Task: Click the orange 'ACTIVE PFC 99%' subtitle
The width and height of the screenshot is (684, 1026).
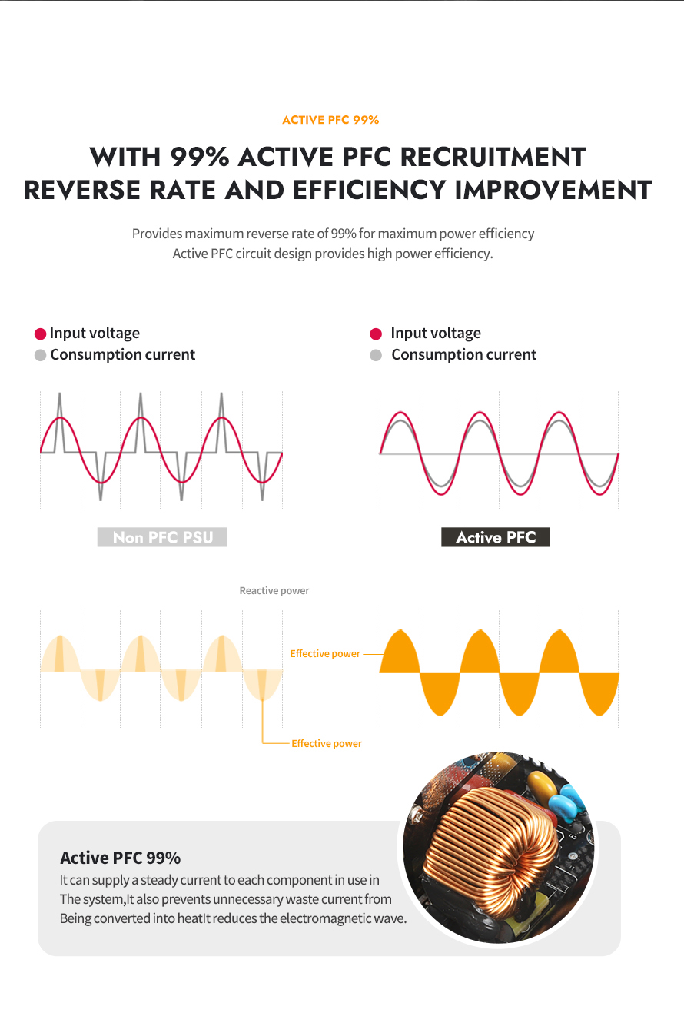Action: click(330, 120)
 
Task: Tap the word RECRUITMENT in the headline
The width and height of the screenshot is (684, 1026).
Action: click(493, 157)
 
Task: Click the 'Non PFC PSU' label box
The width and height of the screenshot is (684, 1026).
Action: click(162, 537)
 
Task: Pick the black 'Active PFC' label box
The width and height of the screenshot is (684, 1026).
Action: click(496, 537)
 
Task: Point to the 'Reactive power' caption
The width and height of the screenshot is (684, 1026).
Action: click(274, 590)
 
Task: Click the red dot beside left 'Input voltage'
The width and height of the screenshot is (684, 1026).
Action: click(41, 334)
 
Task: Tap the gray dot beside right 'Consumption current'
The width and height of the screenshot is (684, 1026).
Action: click(376, 355)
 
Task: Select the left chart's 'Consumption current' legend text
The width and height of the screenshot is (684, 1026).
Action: click(123, 355)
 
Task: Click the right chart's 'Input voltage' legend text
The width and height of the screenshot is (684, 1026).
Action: click(436, 334)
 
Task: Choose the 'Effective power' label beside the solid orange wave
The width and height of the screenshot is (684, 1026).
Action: click(325, 654)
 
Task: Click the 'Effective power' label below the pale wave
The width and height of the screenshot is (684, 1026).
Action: click(327, 744)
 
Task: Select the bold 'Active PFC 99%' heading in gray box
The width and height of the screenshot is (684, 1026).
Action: click(121, 858)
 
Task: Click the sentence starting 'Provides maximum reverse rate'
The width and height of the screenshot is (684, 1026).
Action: click(333, 234)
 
